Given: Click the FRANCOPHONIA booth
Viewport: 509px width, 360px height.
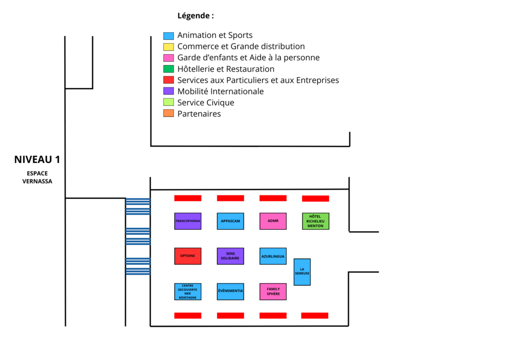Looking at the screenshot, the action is click(187, 221).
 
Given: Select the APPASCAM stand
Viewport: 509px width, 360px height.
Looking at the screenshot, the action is click(231, 221).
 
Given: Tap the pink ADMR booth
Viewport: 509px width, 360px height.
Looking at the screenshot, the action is click(273, 221).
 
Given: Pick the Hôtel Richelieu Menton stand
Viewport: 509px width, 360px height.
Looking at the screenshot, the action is click(316, 221).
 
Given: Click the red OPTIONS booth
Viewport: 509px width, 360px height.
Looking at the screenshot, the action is click(187, 256).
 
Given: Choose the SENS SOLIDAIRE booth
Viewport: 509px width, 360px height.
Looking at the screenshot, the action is click(231, 256).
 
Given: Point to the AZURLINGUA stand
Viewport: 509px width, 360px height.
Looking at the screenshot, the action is click(273, 256).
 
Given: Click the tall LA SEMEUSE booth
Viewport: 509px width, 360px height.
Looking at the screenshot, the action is click(302, 272).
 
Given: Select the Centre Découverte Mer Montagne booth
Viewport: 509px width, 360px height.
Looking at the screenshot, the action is click(187, 291).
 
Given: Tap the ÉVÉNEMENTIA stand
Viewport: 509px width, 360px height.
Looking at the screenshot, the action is click(231, 291).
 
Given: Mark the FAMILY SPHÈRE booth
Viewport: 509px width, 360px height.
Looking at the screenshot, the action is click(273, 291).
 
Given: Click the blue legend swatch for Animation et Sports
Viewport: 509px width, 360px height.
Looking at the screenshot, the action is click(169, 36).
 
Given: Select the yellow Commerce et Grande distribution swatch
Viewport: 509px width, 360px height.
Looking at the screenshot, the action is click(169, 47).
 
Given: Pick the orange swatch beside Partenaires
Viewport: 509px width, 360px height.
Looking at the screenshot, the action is click(169, 113).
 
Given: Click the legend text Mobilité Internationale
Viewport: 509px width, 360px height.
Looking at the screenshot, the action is click(220, 91).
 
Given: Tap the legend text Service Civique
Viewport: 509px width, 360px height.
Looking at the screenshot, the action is click(205, 102).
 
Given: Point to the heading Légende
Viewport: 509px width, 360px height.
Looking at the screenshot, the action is click(196, 15).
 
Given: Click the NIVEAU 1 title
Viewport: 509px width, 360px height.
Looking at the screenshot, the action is click(37, 160).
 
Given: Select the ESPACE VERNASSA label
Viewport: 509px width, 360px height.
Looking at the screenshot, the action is click(37, 177).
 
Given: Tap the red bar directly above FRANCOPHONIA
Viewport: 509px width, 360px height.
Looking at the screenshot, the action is click(187, 198).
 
